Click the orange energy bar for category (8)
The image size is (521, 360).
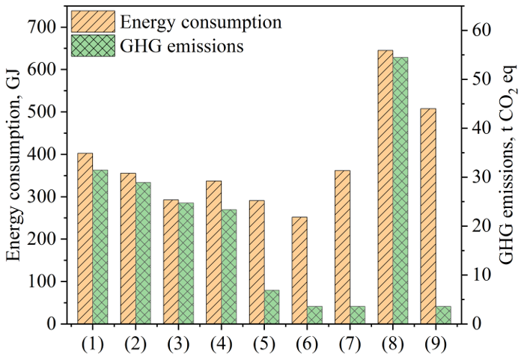[x=385, y=187]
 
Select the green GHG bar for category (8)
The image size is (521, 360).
[x=400, y=191]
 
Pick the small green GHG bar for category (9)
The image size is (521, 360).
[x=443, y=315]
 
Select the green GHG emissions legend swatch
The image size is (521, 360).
[x=94, y=46]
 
